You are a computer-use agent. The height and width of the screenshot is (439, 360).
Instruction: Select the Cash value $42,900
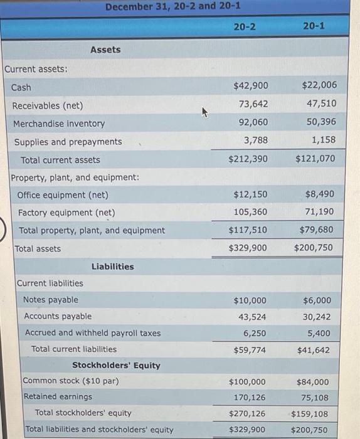(x=250, y=86)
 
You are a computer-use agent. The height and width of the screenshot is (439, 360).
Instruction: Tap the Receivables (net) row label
(x=48, y=105)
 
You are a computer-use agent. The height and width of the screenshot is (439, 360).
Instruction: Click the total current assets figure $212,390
(x=248, y=159)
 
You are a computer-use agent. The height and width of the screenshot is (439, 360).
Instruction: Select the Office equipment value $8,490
(x=319, y=195)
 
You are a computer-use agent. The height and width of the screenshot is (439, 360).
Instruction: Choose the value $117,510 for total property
(x=248, y=230)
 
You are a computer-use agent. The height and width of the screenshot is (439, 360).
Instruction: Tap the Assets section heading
(x=105, y=50)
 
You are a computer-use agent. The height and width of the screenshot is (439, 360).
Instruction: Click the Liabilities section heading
(x=112, y=267)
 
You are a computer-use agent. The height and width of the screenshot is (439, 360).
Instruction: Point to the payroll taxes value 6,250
(x=254, y=333)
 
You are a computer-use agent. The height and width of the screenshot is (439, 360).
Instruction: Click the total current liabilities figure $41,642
(x=314, y=350)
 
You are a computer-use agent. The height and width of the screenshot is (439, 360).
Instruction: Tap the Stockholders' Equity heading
(x=116, y=365)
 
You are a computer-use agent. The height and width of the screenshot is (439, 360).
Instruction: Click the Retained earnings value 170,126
(x=250, y=397)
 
